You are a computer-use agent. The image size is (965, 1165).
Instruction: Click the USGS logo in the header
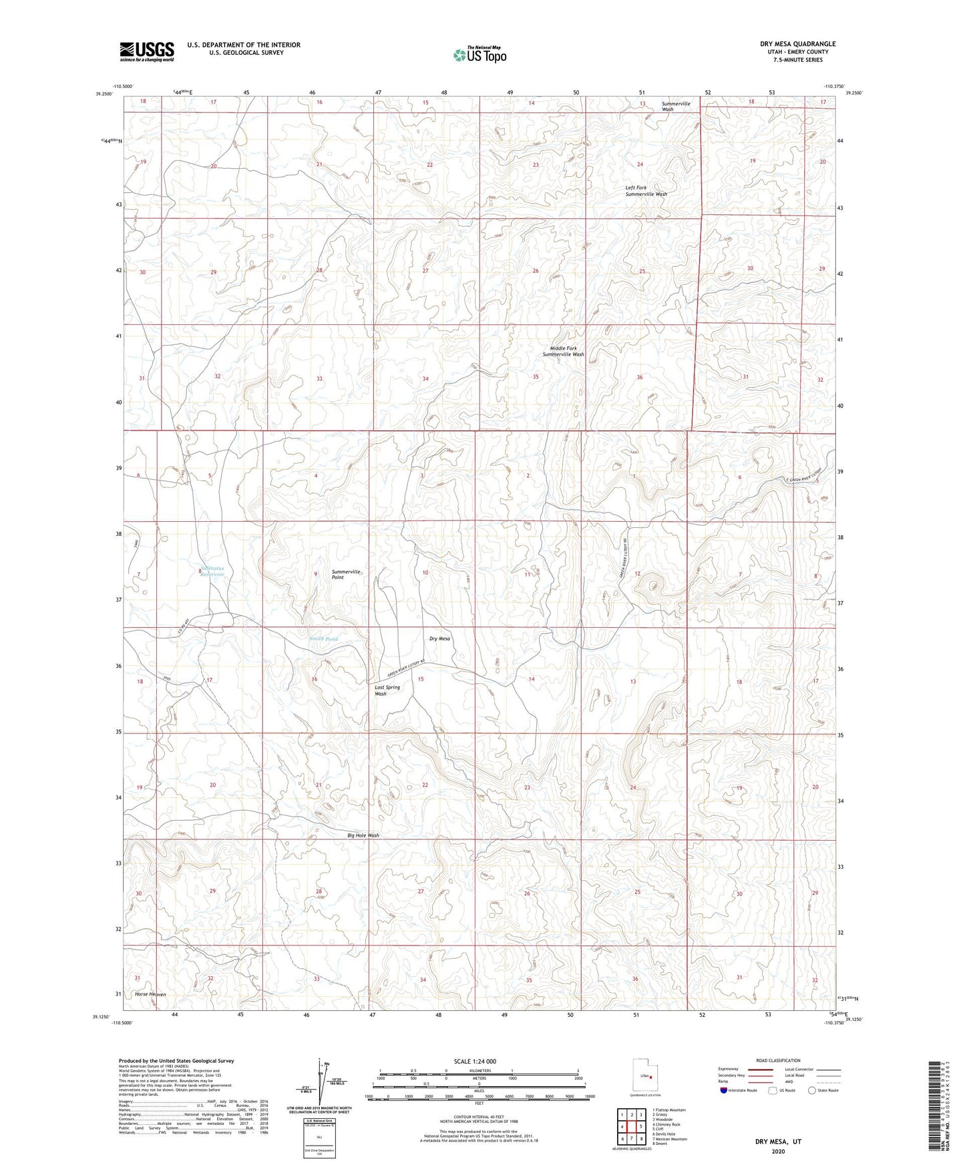click(147, 51)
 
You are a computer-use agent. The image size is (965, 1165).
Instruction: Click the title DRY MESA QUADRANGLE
click(797, 44)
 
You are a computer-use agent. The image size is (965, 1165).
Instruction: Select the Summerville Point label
click(347, 574)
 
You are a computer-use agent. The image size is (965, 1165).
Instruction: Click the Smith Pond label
click(323, 639)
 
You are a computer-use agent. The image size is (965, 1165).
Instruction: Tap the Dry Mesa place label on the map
click(439, 639)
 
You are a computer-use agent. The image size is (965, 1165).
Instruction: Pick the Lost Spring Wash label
click(387, 690)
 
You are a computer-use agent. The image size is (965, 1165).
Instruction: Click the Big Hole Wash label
click(363, 835)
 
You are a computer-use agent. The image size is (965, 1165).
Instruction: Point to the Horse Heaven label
click(150, 994)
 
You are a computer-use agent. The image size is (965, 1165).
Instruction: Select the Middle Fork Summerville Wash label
click(563, 351)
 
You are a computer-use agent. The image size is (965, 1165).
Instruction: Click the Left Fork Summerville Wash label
click(646, 191)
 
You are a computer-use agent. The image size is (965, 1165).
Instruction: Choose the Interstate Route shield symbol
click(724, 1091)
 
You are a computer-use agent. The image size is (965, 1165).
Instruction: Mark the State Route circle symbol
click(811, 1091)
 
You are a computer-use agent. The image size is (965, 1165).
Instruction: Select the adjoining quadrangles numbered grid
click(631, 1128)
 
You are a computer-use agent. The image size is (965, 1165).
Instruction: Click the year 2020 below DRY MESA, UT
click(778, 1152)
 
